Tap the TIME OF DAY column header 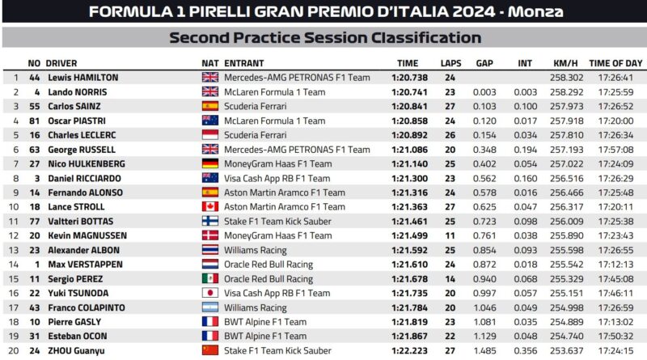click(615, 63)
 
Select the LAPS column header click(450, 63)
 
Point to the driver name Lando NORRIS click(76, 92)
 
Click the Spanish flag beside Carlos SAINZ click(210, 106)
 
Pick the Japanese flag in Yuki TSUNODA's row click(210, 293)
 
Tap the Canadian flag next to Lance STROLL click(210, 207)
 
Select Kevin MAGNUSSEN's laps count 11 click(450, 235)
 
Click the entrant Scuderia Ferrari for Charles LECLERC click(256, 135)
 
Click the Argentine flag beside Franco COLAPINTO click(210, 307)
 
